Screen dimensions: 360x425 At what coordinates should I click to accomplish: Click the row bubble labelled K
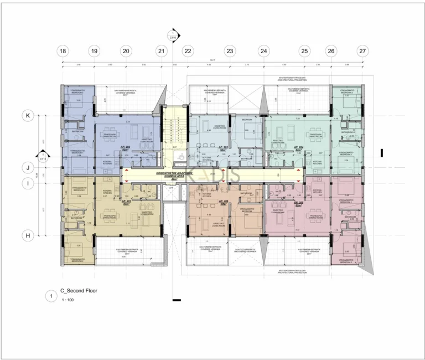click(x=26, y=116)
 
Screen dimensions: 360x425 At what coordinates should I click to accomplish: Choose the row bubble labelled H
click(x=26, y=235)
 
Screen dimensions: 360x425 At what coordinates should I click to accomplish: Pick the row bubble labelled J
click(x=26, y=167)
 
